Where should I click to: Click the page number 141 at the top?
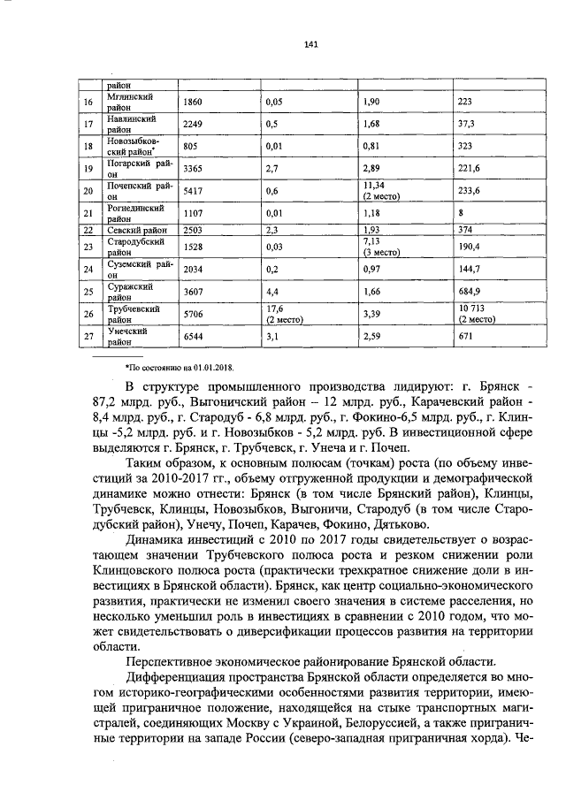pos(285,45)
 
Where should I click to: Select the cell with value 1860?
pos(193,103)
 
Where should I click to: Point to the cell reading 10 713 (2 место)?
pos(473,313)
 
